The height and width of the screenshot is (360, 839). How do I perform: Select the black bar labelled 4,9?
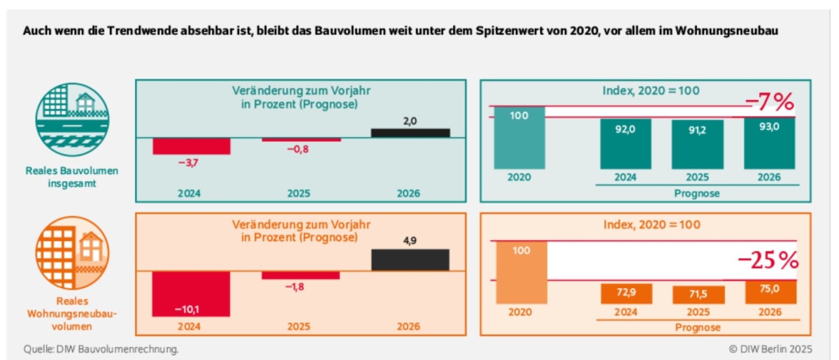(410, 259)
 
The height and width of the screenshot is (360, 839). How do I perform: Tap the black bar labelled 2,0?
(410, 133)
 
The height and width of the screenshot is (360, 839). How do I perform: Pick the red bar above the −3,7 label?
(192, 145)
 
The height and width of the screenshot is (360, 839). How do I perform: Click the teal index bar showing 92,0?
(626, 143)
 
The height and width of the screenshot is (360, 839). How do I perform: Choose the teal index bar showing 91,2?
(697, 144)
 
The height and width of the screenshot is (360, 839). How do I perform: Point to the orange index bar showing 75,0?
(769, 291)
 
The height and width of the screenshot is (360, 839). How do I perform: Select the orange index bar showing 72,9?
(626, 294)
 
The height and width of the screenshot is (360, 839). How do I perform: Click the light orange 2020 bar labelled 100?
(520, 273)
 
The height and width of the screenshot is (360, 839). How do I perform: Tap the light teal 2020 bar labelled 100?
(519, 138)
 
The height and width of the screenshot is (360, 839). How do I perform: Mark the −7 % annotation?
(769, 103)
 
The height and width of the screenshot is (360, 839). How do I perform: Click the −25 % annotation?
(768, 261)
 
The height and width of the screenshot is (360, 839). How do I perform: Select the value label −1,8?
(302, 287)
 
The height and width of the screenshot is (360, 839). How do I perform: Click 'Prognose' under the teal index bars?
(696, 192)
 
